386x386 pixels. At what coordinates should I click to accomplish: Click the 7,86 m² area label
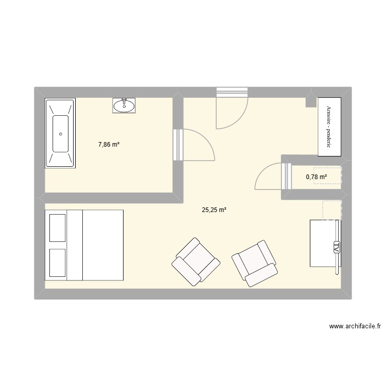point(109,145)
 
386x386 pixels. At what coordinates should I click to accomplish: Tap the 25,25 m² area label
point(214,209)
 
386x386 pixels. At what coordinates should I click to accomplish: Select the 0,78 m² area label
point(317,177)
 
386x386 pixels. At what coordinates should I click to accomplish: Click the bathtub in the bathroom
point(61,133)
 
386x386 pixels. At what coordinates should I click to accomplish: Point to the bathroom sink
point(124,106)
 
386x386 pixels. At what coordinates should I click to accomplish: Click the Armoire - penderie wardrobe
point(328,127)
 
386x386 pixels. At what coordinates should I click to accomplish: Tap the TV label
point(337,246)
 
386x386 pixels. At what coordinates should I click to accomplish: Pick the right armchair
point(255,263)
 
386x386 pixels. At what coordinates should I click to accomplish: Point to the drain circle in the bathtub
point(61,134)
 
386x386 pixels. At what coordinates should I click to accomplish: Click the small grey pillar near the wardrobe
point(311,100)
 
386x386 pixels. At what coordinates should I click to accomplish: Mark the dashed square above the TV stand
point(331,209)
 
